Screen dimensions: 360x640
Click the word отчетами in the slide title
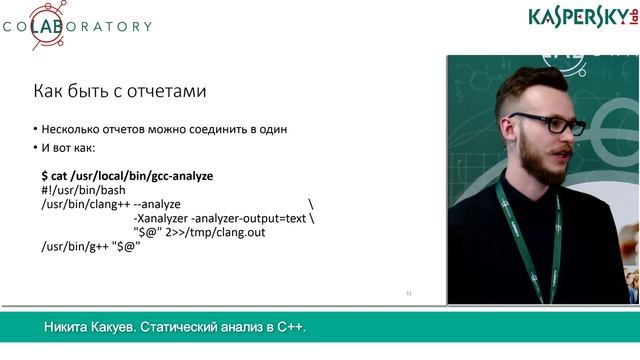pos(167,92)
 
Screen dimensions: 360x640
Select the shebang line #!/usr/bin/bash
pos(83,189)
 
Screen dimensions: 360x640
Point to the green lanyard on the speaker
pos(520,230)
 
